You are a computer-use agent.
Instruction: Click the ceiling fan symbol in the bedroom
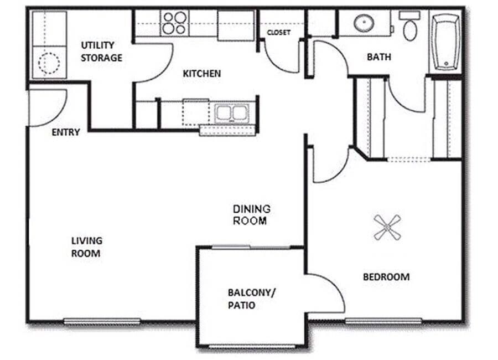coord(387,227)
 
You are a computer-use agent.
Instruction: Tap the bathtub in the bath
coord(446,42)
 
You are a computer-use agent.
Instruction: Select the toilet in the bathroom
coord(410,28)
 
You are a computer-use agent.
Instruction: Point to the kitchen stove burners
coord(174,23)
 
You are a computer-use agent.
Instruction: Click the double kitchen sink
coord(232,113)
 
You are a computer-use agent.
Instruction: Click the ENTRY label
coord(66,132)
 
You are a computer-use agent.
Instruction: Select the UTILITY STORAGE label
coord(101,51)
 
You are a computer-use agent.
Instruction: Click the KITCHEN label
coord(202,73)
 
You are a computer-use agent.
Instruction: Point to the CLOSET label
coord(278,33)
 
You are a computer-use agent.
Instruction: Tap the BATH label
coord(379,56)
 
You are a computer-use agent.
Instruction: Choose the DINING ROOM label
coord(251,215)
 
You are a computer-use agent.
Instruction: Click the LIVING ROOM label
coord(86,247)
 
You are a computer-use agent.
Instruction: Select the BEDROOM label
coord(386,276)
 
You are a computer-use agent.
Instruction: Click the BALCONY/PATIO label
coord(251,299)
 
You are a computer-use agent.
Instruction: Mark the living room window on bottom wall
coord(102,321)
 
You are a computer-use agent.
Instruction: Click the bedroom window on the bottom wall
coord(383,320)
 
